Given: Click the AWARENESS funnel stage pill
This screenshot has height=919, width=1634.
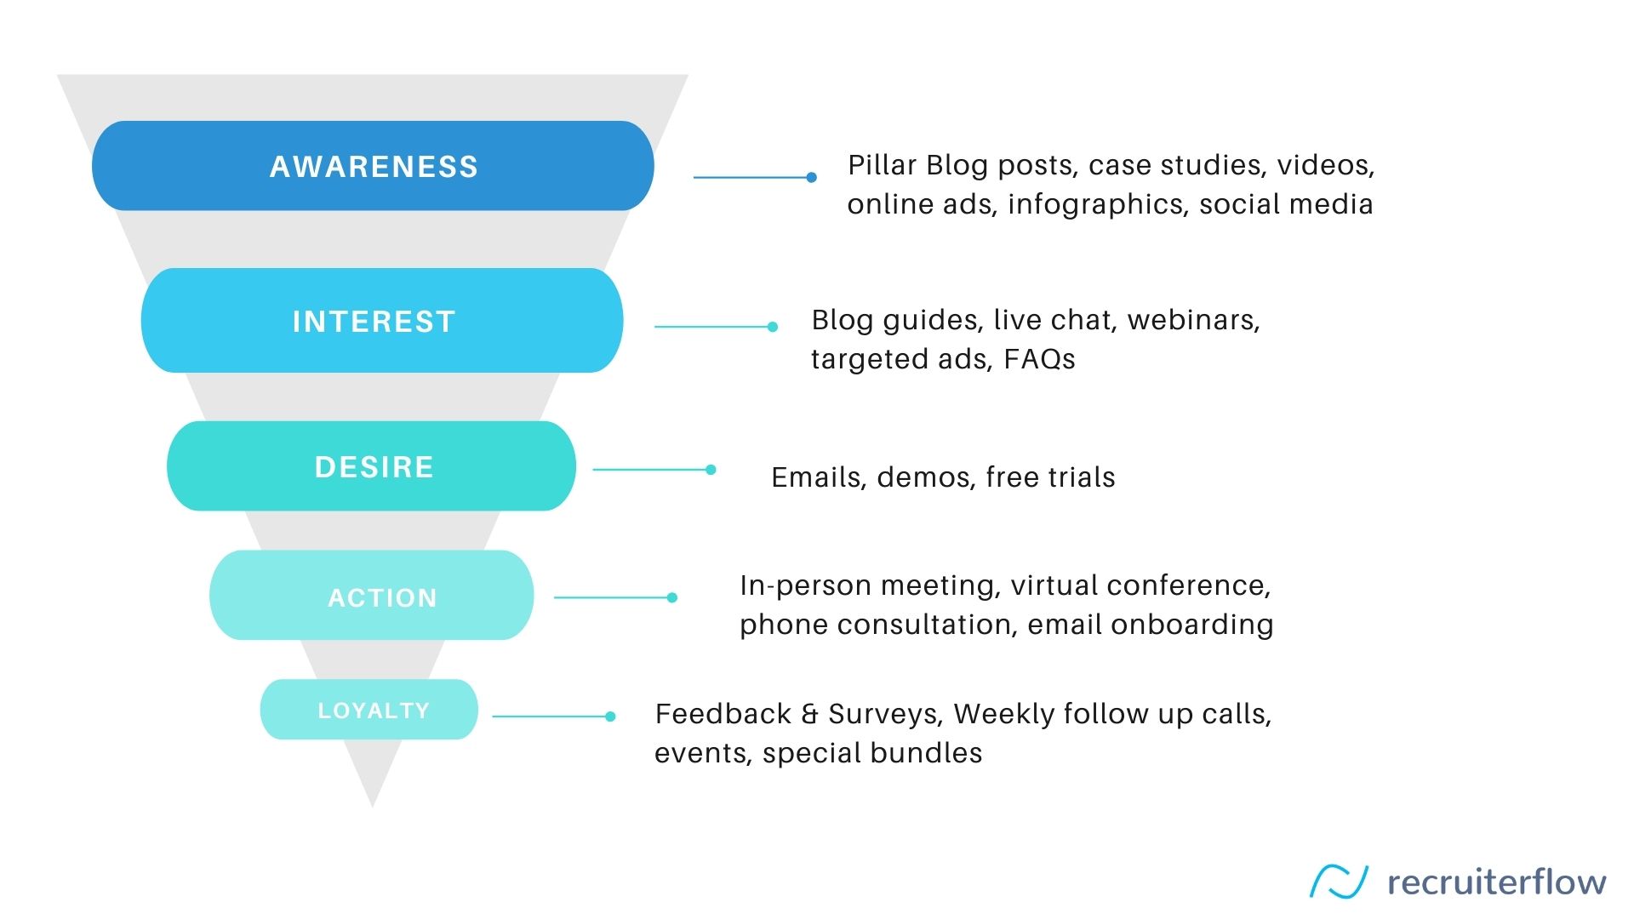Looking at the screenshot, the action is (373, 166).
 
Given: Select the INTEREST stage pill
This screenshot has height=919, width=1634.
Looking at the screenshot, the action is (382, 321).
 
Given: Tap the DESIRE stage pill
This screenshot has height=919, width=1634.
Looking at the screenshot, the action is (372, 466).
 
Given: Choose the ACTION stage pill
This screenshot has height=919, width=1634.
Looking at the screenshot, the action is (372, 596).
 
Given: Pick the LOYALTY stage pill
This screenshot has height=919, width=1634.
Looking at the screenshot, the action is (369, 710).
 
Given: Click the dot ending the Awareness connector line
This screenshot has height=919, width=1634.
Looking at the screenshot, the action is (812, 177).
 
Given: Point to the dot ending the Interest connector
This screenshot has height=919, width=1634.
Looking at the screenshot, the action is (773, 327).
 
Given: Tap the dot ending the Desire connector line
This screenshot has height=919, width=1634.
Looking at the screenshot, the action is (711, 470).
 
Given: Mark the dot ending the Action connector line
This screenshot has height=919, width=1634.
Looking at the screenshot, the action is (672, 597).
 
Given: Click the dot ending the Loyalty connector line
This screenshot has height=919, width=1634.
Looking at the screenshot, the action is (610, 716).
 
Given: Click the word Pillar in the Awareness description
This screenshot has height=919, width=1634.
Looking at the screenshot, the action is (882, 165).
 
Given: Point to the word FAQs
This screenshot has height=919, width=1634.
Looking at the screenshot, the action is (1039, 359).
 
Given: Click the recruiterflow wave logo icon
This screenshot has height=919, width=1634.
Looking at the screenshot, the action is (1339, 882).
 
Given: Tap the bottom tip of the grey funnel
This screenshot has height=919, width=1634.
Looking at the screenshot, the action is (372, 807).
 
